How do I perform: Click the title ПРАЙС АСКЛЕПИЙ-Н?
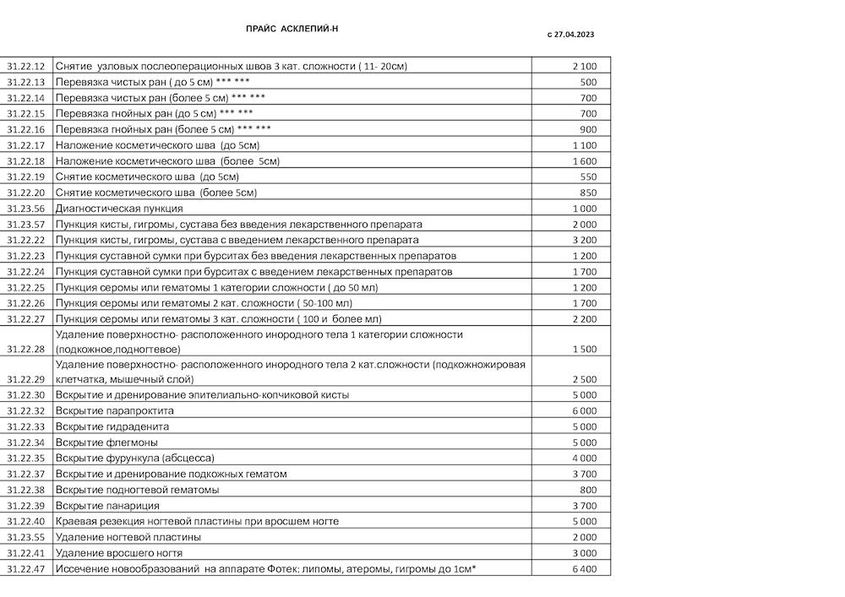292,29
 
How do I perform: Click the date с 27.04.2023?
571,35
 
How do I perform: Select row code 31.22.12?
25,66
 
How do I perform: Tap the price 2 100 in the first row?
584,66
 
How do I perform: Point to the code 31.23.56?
25,209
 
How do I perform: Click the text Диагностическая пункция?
118,209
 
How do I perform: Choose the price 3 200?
584,240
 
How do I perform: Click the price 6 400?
584,569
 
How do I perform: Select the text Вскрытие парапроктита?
114,410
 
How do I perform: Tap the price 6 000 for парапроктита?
584,410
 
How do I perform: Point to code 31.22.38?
25,490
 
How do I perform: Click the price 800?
588,490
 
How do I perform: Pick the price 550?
588,176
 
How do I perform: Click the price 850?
588,193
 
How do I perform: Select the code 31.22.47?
25,569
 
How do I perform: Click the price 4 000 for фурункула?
584,458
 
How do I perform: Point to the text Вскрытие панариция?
107,506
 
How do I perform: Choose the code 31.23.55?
25,537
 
